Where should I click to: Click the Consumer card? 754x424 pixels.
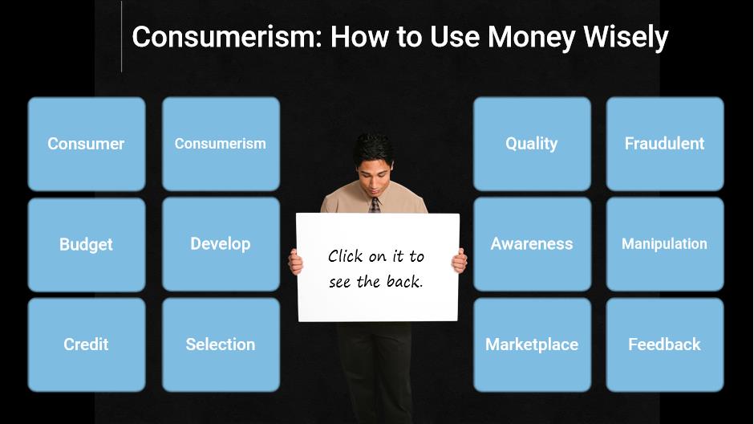87,144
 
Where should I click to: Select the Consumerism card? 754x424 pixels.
221,144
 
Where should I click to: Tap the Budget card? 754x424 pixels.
87,244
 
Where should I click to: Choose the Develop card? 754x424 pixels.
221,244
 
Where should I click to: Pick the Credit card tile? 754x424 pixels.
87,344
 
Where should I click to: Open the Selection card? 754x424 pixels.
221,344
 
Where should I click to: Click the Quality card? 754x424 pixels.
532,144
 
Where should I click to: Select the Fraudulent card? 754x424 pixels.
665,144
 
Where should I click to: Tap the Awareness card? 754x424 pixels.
532,244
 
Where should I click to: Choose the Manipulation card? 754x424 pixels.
665,244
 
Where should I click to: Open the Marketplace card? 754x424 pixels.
532,344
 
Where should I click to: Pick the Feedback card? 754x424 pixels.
665,344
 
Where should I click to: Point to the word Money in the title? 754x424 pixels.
531,38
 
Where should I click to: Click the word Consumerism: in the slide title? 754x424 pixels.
226,37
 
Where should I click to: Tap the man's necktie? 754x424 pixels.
375,205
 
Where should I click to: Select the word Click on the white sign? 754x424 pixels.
345,256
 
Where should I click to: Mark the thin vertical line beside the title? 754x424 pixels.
122,36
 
